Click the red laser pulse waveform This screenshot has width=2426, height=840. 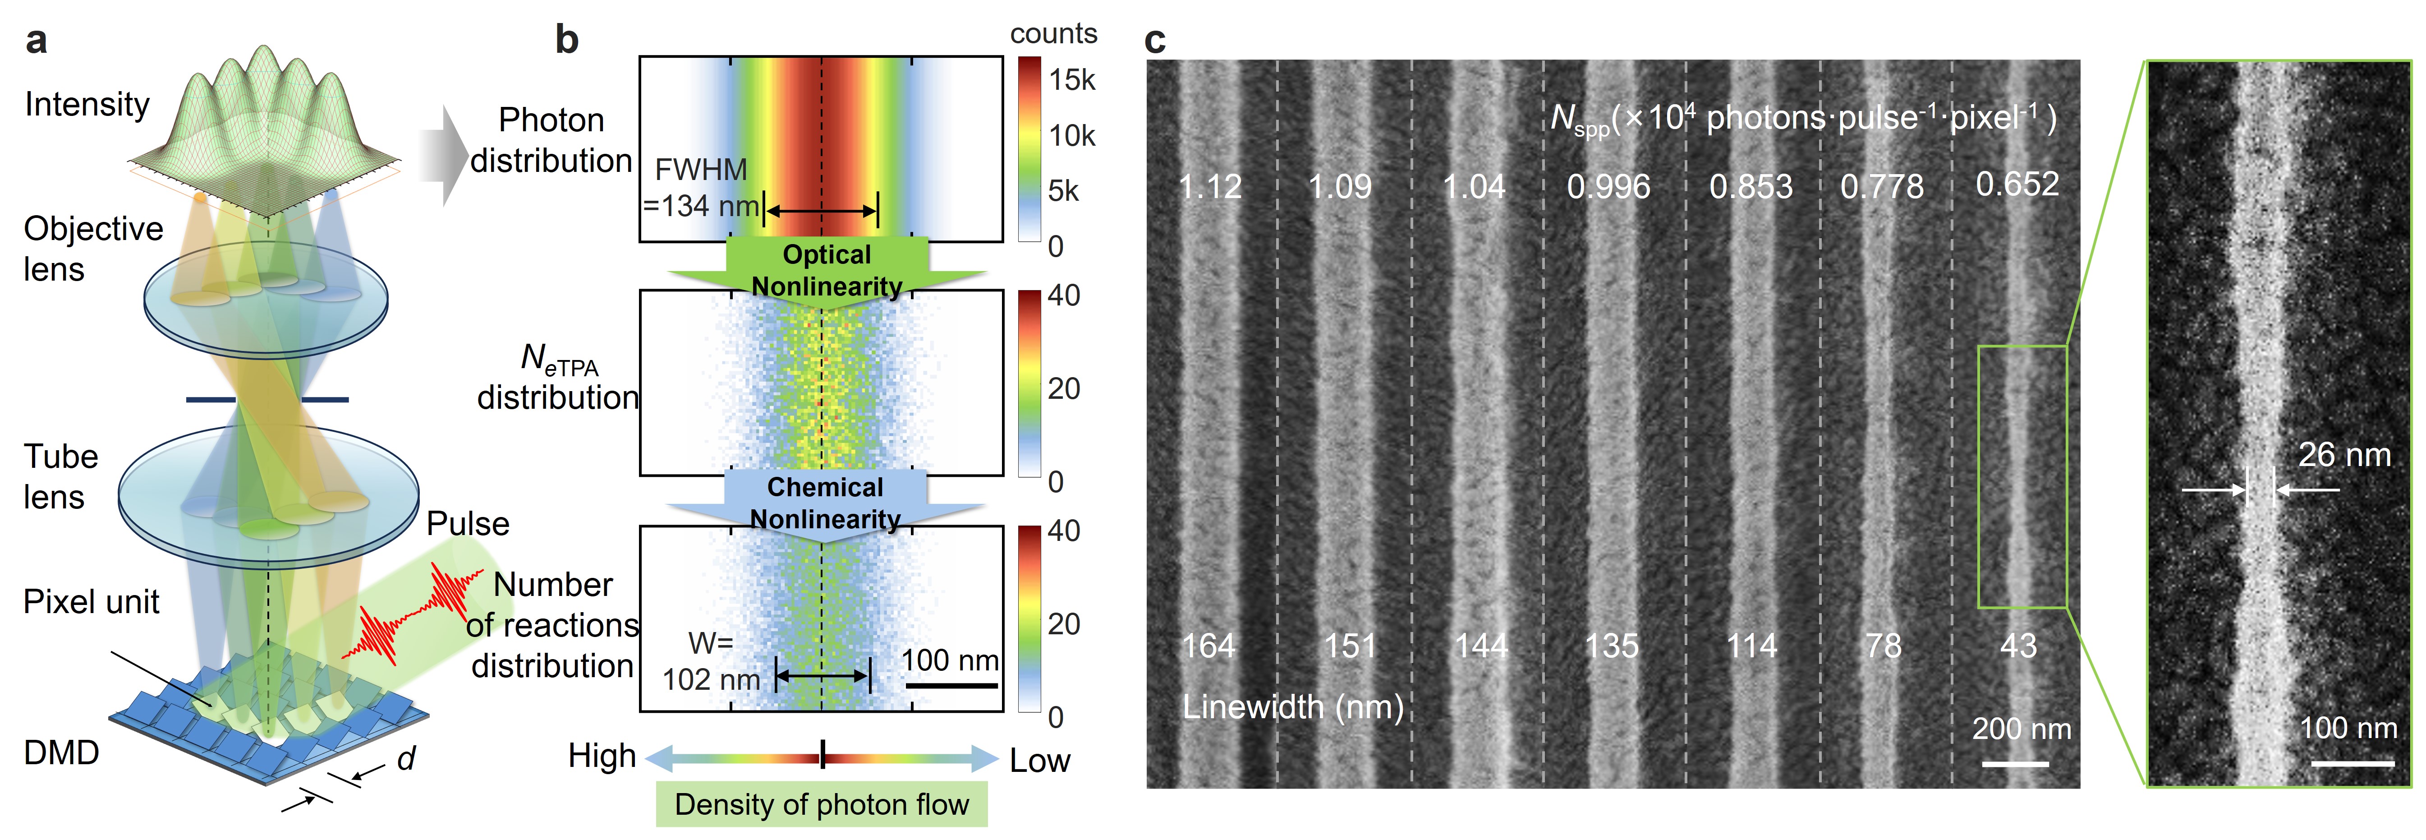[414, 612]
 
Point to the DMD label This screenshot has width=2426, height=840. [61, 752]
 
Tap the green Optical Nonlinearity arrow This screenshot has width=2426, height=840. [827, 270]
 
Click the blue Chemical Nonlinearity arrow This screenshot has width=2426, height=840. [825, 504]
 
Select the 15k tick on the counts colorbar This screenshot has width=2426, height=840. [1072, 80]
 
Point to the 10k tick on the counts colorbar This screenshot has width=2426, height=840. [1072, 136]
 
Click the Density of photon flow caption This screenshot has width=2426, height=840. [821, 804]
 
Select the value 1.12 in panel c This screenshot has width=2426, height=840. [1210, 186]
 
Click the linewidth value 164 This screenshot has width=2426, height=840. [1208, 646]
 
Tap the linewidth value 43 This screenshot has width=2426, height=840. [2018, 646]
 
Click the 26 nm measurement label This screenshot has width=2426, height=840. [2344, 455]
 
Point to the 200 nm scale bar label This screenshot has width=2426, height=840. [2021, 729]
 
